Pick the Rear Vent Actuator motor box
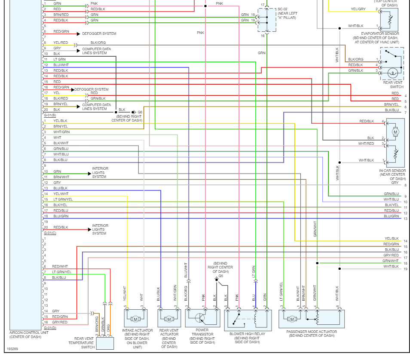[169, 319]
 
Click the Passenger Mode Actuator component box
[312, 319]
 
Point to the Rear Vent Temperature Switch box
[105, 343]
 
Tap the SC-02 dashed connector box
[266, 20]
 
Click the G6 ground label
[140, 112]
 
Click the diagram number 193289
[12, 349]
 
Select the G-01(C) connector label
[50, 233]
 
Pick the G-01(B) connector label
[50, 116]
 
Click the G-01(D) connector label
[50, 328]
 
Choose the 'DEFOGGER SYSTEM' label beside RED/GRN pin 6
[99, 34]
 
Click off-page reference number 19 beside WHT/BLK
[405, 269]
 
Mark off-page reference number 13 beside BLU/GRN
[405, 219]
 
